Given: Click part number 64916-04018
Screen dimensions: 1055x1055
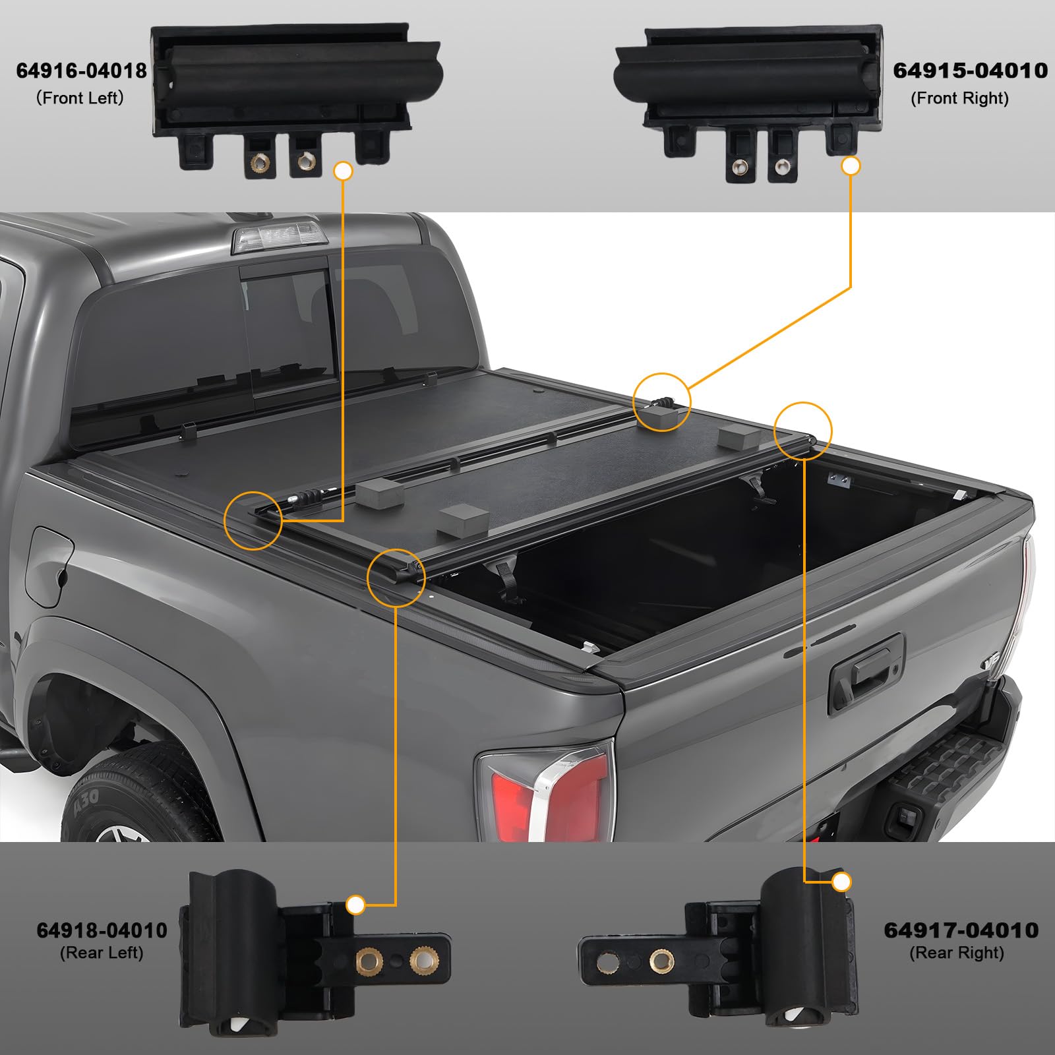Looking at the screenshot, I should pyautogui.click(x=81, y=71).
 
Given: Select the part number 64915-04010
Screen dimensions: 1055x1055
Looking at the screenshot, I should pyautogui.click(x=970, y=71).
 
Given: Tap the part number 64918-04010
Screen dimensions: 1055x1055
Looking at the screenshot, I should pyautogui.click(x=102, y=930).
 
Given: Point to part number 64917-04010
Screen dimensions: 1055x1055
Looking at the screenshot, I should pyautogui.click(x=961, y=930).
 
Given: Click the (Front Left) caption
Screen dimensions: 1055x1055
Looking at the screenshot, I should pyautogui.click(x=80, y=98).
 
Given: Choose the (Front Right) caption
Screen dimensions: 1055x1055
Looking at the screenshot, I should pyautogui.click(x=959, y=99).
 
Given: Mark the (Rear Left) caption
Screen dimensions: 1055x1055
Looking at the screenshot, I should pyautogui.click(x=102, y=953).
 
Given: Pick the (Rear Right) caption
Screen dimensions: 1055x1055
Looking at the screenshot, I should pyautogui.click(x=956, y=953).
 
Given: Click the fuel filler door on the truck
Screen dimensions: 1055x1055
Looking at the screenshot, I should pyautogui.click(x=49, y=567).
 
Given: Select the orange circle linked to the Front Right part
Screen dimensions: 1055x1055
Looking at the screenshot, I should pyautogui.click(x=661, y=402).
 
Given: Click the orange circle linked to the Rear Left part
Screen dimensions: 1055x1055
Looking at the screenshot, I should pyautogui.click(x=396, y=577).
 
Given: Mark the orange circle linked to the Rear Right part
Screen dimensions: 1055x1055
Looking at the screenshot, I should pyautogui.click(x=802, y=431).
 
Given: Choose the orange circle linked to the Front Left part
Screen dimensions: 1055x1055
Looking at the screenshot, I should pyautogui.click(x=253, y=520).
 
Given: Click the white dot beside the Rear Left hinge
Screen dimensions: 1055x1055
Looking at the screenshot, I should pyautogui.click(x=355, y=905).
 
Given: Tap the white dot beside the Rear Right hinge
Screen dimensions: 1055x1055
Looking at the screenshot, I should pyautogui.click(x=841, y=882).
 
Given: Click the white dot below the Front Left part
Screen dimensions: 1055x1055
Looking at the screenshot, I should pyautogui.click(x=344, y=171).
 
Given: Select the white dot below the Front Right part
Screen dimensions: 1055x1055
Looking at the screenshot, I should pyautogui.click(x=851, y=166).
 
